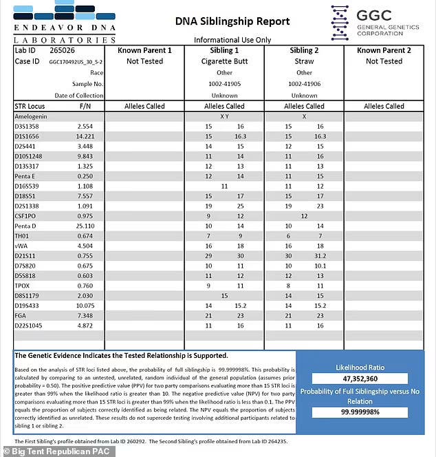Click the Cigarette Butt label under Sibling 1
[x=225, y=61]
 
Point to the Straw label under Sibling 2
[x=304, y=61]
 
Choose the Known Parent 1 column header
[x=144, y=50]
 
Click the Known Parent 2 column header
[x=384, y=50]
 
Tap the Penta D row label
[x=25, y=226]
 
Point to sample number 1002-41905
[x=225, y=83]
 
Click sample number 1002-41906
[x=304, y=83]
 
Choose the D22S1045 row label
[x=30, y=325]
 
